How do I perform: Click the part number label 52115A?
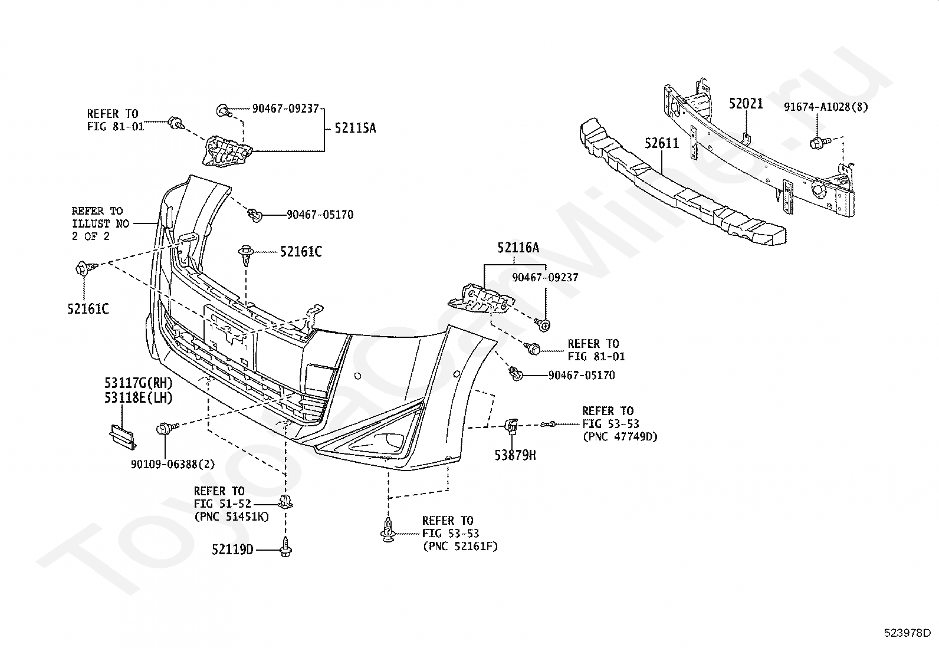coord(355,128)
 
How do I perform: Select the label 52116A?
coord(518,248)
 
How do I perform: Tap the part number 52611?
coord(662,143)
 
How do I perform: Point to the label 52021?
coord(746,103)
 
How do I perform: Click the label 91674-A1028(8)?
coord(826,107)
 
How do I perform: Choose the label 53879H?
coord(515,455)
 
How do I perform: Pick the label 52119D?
coord(232,549)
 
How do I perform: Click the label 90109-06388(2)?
coord(173,464)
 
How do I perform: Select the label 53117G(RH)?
coord(139,383)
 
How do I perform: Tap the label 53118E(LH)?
coord(139,397)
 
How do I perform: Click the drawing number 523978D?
coord(907,633)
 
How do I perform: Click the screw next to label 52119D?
coord(285,547)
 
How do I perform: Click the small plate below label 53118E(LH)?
coord(123,437)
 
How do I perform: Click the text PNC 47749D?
coord(620,436)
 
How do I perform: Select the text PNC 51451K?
coord(232,517)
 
